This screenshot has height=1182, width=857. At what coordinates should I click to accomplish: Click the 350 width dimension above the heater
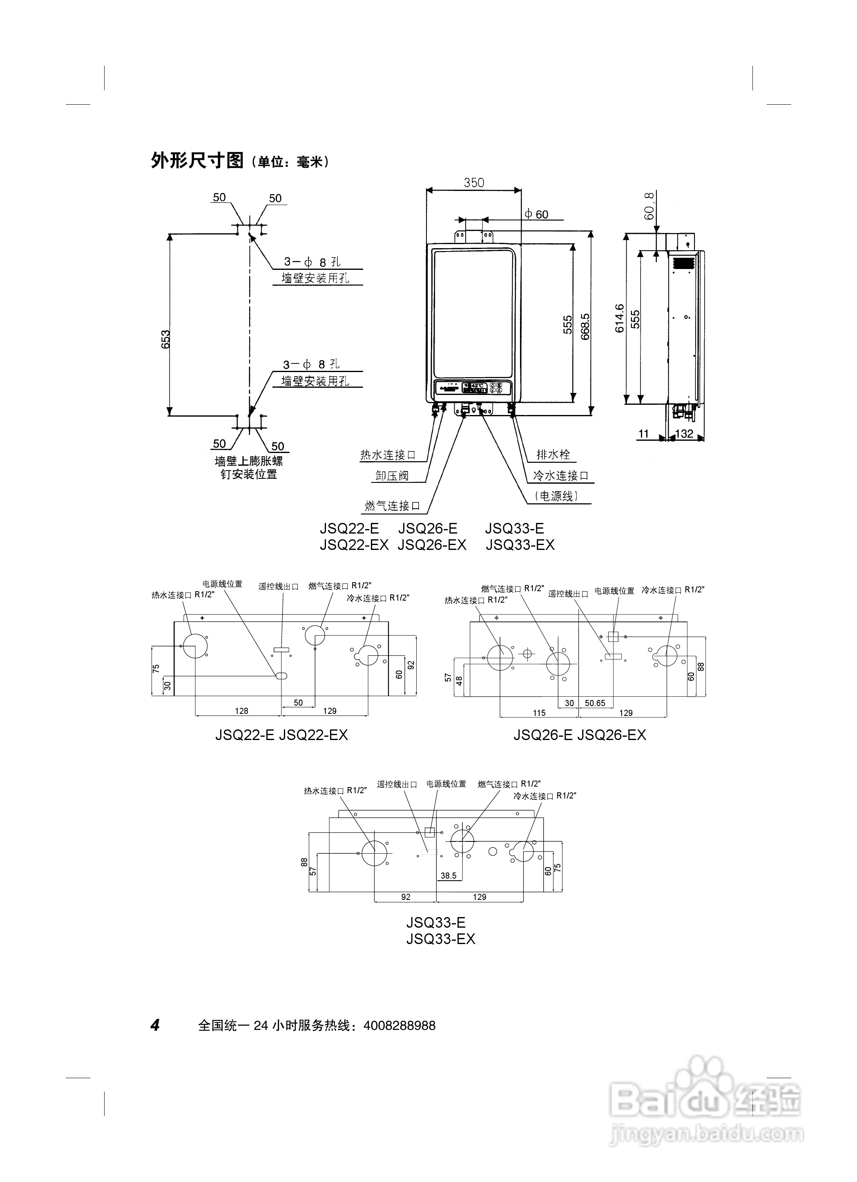point(474,182)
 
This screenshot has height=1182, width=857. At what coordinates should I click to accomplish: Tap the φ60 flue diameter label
point(536,214)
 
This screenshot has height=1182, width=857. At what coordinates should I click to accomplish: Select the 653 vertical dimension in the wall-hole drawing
point(165,339)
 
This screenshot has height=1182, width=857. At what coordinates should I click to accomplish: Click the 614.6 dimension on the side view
point(619,318)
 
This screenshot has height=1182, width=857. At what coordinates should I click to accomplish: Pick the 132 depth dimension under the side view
point(684,434)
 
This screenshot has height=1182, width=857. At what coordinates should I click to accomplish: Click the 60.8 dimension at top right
point(649,206)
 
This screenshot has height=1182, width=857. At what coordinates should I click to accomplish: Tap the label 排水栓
point(553,455)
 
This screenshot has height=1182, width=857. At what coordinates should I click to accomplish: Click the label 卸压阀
point(392,475)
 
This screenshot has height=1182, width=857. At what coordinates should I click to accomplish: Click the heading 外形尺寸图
point(197,161)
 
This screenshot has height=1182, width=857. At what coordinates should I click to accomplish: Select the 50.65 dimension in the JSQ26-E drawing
point(595,703)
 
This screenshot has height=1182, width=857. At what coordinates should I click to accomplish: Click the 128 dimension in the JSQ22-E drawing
point(241,711)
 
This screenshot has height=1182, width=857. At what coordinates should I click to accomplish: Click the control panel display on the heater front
point(474,388)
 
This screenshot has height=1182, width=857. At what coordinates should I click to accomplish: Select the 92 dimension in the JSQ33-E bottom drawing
point(406,897)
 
